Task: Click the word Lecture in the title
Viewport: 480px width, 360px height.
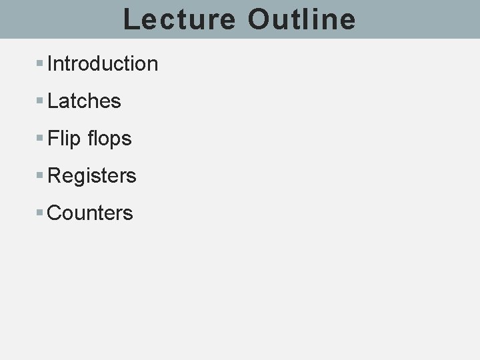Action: pos(179,19)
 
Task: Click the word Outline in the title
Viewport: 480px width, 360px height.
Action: pos(301,19)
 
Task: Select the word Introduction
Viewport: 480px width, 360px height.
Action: pos(103,64)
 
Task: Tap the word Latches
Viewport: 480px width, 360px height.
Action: pos(84,101)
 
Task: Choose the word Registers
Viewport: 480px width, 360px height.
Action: pos(92,176)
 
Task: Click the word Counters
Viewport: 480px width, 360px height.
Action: pos(90,213)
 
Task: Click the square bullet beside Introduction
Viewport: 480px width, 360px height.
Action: pos(40,64)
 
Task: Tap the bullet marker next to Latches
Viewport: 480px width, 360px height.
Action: pos(40,101)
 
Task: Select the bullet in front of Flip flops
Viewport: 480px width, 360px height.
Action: pos(40,139)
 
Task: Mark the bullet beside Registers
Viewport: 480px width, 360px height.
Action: pos(40,176)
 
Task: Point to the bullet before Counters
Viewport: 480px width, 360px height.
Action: pos(40,213)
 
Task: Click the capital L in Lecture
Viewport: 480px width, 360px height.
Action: pos(131,19)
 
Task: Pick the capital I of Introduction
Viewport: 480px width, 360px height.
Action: pos(50,64)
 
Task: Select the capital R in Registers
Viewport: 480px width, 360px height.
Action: pos(54,176)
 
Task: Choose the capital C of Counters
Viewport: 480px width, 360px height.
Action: pos(54,213)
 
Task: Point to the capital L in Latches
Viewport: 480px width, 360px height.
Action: pos(53,101)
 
